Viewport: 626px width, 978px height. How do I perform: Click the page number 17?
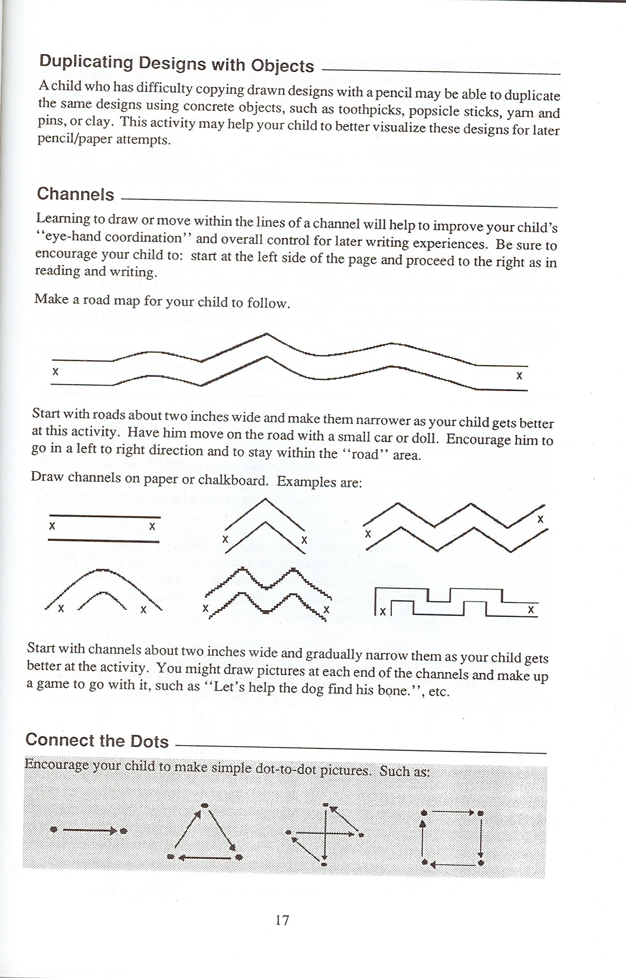282,920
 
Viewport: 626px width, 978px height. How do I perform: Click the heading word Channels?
75,194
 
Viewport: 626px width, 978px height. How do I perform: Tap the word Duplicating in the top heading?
86,61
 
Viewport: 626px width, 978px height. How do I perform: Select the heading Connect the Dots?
97,740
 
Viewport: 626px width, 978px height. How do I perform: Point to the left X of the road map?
56,371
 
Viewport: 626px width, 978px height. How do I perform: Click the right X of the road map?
519,375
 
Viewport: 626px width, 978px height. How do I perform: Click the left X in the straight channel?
52,526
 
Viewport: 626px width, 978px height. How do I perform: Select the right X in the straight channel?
152,526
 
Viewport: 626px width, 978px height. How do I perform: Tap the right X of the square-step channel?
531,610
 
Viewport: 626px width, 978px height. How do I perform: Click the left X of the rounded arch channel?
61,609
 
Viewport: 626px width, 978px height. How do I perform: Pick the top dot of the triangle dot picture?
205,805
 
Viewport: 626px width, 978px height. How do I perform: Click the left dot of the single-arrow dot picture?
54,830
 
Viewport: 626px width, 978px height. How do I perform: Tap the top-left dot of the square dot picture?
423,812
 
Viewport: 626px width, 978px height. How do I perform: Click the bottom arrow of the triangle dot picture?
204,858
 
